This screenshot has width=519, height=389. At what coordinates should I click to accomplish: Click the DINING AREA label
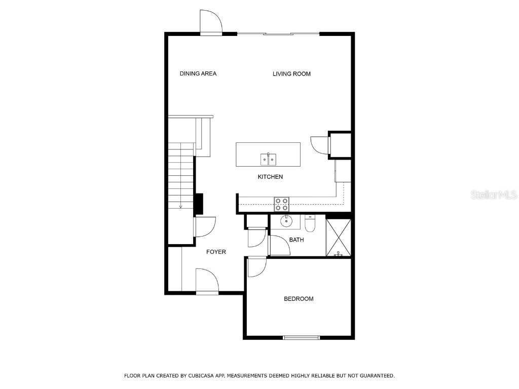[198, 74]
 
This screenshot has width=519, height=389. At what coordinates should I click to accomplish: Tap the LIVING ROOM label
[291, 74]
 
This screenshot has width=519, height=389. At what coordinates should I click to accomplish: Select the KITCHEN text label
[270, 177]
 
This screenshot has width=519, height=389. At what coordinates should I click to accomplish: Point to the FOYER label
[216, 252]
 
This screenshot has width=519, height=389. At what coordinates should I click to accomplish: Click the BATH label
[296, 240]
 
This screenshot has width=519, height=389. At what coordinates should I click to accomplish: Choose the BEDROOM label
[298, 299]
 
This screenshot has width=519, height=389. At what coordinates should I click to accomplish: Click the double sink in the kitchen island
[268, 160]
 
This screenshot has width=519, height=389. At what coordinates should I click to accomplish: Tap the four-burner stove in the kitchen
[282, 204]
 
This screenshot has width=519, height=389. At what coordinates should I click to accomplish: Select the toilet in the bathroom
[310, 223]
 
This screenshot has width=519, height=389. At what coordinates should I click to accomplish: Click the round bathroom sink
[286, 221]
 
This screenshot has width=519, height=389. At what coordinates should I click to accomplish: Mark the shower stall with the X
[338, 237]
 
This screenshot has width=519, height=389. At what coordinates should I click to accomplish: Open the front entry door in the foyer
[207, 282]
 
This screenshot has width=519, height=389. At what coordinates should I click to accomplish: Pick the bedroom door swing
[256, 267]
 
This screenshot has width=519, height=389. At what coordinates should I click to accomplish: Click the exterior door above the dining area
[211, 22]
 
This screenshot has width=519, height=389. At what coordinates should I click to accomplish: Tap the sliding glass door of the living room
[278, 34]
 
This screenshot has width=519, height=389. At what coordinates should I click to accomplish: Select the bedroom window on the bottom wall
[301, 337]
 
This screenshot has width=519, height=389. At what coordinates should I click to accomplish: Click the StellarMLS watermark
[494, 195]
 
